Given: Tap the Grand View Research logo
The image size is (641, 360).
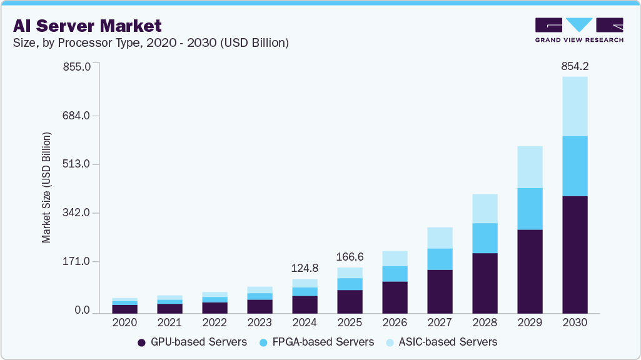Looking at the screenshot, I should tap(578, 29).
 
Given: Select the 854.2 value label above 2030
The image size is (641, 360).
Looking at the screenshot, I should tap(575, 66).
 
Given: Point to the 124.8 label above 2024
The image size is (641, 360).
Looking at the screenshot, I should tap(305, 268).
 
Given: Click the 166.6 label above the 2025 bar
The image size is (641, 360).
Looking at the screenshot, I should tap(350, 257).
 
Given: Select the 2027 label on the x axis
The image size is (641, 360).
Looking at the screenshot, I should tap(440, 322).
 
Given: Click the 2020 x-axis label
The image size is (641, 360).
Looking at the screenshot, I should tap(124, 322).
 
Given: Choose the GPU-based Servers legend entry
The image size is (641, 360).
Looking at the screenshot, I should tap(192, 342).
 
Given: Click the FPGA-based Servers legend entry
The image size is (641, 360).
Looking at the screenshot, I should tap(318, 342).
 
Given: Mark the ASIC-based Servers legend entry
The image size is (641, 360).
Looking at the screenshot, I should tap(442, 342).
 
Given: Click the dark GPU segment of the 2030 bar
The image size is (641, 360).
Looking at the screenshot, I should tap(575, 254).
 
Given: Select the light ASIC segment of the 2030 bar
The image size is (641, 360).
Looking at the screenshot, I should tap(575, 106).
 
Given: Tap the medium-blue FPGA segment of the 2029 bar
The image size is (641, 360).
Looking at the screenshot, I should tap(530, 209).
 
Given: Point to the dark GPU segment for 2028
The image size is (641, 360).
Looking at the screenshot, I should tap(485, 282).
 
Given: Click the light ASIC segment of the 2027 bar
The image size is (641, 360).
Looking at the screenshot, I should tap(440, 237).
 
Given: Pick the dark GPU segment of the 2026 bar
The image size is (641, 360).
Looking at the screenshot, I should tap(395, 297).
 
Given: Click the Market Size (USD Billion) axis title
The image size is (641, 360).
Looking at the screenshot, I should tap(46, 187).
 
